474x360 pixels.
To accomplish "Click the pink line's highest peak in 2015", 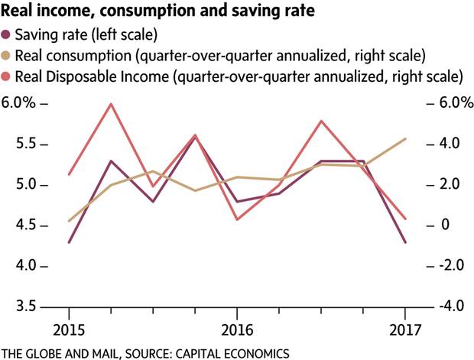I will click(112, 104).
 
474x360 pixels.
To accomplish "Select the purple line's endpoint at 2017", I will click(405, 242).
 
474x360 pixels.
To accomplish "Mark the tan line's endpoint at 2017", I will click(405, 138).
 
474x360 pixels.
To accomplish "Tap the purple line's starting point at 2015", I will click(69, 242).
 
